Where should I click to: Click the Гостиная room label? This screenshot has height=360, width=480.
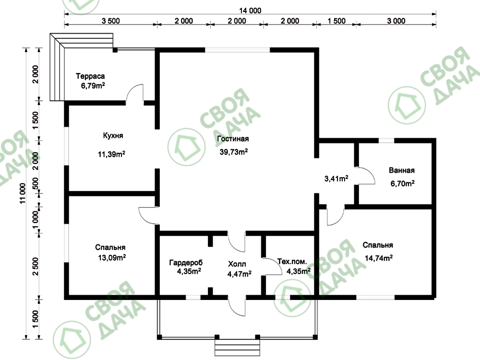pos(233,139)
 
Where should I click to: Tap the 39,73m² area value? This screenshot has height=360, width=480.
pos(234,152)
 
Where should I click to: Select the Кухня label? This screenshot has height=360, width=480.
pos(113,136)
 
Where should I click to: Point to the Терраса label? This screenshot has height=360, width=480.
pos(90,76)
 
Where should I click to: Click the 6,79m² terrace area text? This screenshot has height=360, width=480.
pos(93,86)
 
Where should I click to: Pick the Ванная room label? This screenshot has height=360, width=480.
pos(402,170)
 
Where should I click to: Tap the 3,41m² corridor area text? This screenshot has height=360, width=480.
pos(336,179)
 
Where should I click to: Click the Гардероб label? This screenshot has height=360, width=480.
pos(186,263)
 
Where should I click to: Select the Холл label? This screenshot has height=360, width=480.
pos(237,264)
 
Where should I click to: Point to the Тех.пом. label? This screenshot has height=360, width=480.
pos(292,262)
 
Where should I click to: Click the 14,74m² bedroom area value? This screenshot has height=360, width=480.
pos(379,258)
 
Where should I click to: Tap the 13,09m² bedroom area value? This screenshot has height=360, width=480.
pos(112,258)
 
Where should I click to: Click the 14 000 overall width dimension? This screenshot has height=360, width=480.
pos(250,11)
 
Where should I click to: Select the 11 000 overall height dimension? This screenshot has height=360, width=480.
pos(23,193)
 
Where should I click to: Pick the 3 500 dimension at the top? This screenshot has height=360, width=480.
pos(110,21)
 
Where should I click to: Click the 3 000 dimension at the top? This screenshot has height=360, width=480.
pos(396,21)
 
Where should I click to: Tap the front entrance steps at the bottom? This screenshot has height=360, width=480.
pos(237,348)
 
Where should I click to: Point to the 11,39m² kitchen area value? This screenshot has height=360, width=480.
pos(111,154)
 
